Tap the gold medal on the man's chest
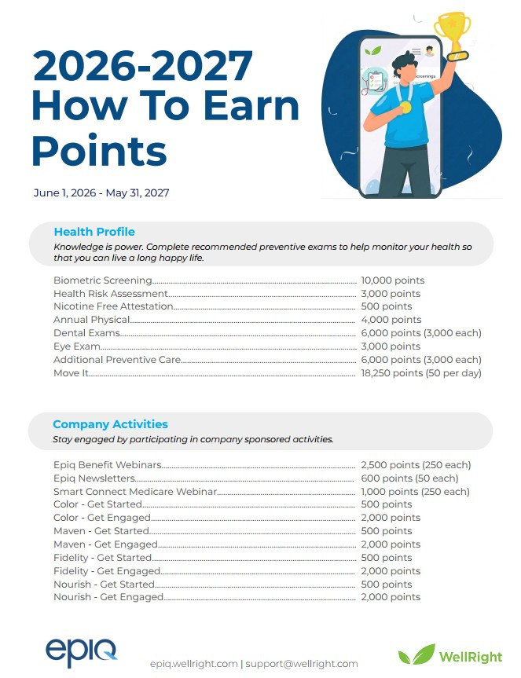[x=405, y=106]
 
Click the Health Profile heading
[x=94, y=232]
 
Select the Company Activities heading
[x=110, y=424]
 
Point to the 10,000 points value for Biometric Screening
[x=392, y=280]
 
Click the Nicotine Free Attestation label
[x=113, y=306]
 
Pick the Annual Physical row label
[x=91, y=320]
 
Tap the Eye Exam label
[x=76, y=346]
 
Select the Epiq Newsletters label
[x=94, y=478]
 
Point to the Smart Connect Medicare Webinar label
[x=134, y=492]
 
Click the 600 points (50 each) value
[x=409, y=478]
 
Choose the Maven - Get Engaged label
[x=105, y=544]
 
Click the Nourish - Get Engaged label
[x=108, y=597]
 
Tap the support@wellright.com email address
[x=302, y=664]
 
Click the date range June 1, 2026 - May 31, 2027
[x=101, y=192]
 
